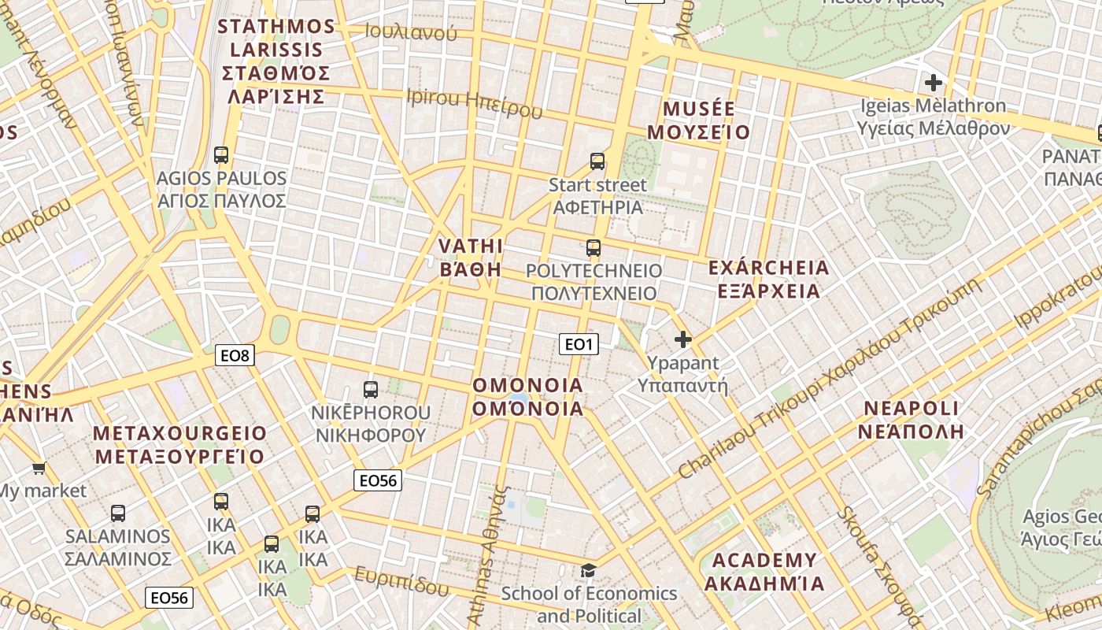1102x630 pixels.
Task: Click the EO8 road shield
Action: point(235,356)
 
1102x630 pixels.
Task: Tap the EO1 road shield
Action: point(579,344)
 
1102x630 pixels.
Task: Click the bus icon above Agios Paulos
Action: point(221,155)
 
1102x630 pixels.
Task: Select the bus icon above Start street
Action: point(597,161)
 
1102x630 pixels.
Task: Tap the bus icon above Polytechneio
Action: point(594,249)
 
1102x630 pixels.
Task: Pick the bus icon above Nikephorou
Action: point(371,389)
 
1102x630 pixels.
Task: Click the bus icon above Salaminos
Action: point(118,513)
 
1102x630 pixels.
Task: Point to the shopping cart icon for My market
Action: point(39,469)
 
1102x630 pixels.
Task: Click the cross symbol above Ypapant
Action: point(683,339)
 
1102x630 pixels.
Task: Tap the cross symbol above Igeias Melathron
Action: point(934,82)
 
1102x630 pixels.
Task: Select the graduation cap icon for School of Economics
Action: point(588,570)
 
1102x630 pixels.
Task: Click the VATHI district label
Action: point(470,258)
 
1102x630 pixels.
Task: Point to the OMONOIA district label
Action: point(528,397)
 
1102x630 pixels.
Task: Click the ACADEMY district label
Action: point(764,573)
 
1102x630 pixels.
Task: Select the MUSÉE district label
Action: point(699,120)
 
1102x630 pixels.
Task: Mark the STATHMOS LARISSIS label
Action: point(275,61)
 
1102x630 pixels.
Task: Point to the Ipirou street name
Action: point(474,102)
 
